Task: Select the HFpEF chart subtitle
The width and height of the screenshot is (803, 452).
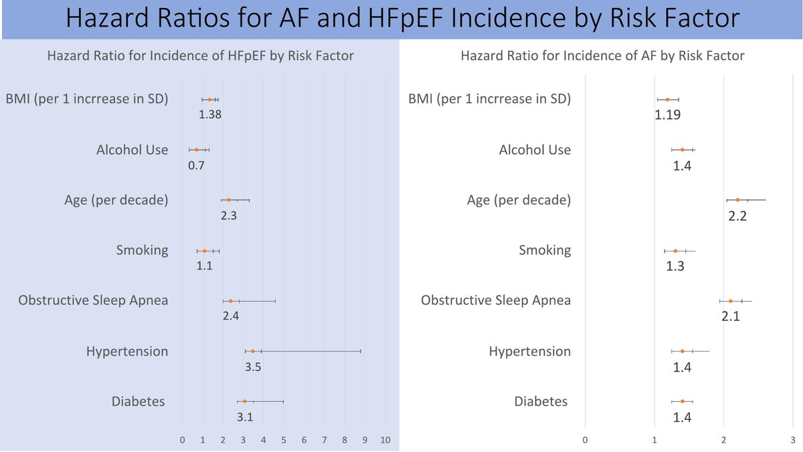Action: pyautogui.click(x=200, y=55)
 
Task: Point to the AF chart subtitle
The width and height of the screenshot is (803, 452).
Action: pyautogui.click(x=602, y=55)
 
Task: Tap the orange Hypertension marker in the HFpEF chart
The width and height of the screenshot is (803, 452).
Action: pyautogui.click(x=252, y=351)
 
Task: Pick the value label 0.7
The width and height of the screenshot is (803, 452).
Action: pyautogui.click(x=196, y=165)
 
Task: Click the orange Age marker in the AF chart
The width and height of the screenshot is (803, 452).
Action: pyautogui.click(x=737, y=200)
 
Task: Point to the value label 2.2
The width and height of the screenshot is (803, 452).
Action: pyautogui.click(x=737, y=216)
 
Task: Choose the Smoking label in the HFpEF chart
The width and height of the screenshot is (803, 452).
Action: pyautogui.click(x=142, y=250)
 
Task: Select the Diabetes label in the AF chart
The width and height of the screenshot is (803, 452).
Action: pyautogui.click(x=541, y=401)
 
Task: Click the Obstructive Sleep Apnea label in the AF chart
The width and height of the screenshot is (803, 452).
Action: pyautogui.click(x=496, y=300)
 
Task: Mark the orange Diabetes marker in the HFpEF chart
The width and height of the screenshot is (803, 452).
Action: pyautogui.click(x=244, y=401)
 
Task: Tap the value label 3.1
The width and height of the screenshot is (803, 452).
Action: pyautogui.click(x=245, y=418)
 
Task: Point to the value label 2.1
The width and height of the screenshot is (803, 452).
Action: pyautogui.click(x=730, y=316)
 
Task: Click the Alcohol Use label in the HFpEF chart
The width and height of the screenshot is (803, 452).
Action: pyautogui.click(x=132, y=149)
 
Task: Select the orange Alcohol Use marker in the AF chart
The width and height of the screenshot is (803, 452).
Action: pyautogui.click(x=682, y=150)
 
